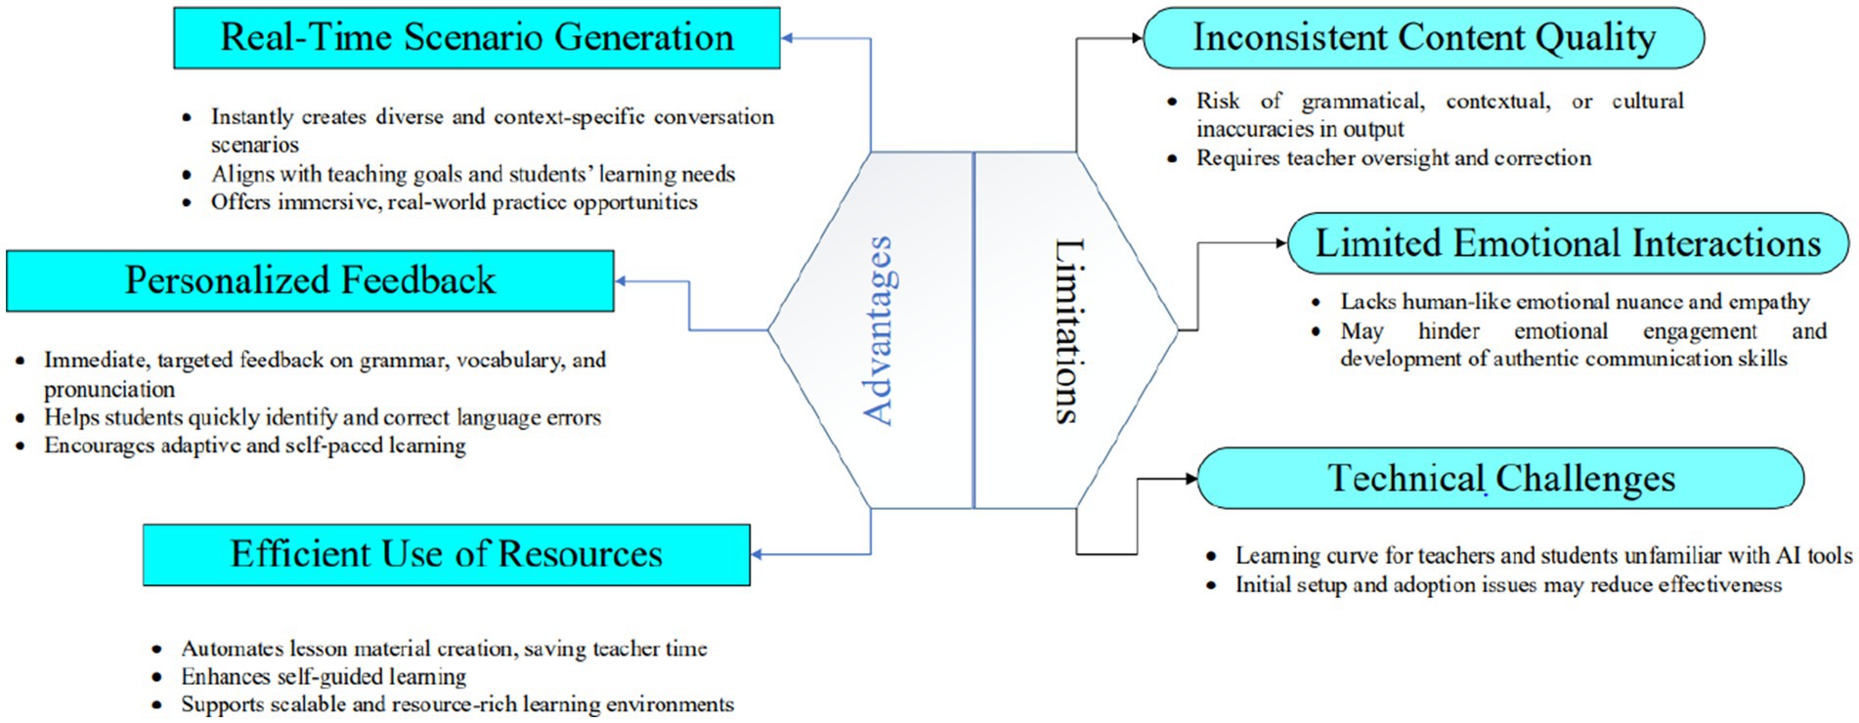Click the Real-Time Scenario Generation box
coord(476,38)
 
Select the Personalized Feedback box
coord(310,281)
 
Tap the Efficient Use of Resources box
coord(447,555)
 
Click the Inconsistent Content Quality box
coord(1423,38)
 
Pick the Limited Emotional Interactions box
coord(1568,243)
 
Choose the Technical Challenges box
coord(1500,479)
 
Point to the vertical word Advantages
coord(879,330)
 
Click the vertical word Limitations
coord(1067,330)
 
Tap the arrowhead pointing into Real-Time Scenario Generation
coord(788,38)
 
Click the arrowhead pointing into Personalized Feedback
coord(622,281)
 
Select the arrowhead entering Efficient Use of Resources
coord(757,555)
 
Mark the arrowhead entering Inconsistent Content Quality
coord(1137,38)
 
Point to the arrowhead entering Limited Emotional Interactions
coord(1280,243)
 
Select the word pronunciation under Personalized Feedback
coord(109,389)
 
